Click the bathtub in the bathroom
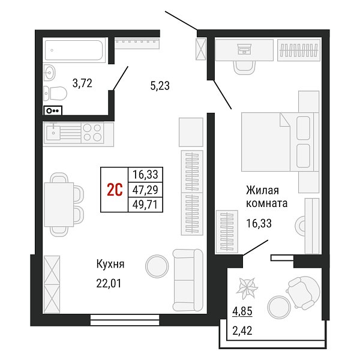click(74, 50)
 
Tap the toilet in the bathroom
click(55, 93)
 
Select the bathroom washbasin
click(49, 73)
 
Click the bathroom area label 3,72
click(82, 83)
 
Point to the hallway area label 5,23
click(160, 86)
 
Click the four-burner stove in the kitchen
click(92, 133)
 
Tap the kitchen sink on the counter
click(53, 133)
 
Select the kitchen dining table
click(59, 205)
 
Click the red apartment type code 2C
click(115, 190)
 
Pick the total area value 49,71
click(145, 205)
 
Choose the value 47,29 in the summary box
click(145, 190)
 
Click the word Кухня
click(110, 264)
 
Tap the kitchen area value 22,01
click(109, 284)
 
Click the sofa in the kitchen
click(188, 280)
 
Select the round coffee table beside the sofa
click(157, 266)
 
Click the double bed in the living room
click(280, 142)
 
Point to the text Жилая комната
click(267, 197)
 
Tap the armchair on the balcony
click(303, 293)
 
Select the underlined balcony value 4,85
click(242, 311)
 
